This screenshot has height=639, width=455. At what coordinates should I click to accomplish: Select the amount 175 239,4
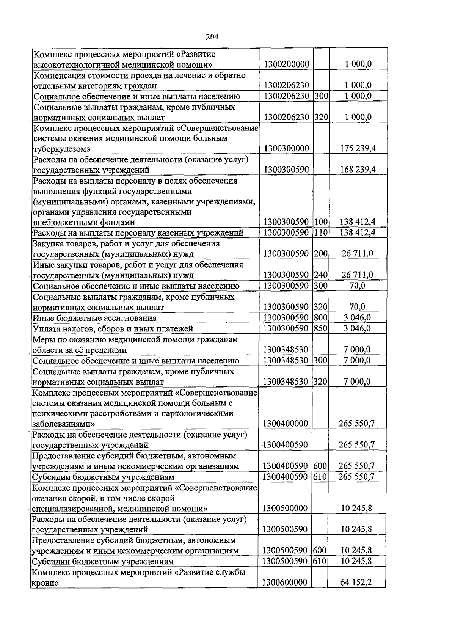pos(358,148)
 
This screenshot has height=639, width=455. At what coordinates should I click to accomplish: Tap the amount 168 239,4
pos(358,170)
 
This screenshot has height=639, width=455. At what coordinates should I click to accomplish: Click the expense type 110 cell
pos(321,232)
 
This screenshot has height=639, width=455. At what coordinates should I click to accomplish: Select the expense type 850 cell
pos(321,328)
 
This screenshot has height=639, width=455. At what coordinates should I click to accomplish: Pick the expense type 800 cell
pos(321,318)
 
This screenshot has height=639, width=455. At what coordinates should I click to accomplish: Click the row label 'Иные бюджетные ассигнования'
pos(94,318)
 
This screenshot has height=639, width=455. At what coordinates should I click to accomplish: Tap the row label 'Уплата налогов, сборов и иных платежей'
pos(113,329)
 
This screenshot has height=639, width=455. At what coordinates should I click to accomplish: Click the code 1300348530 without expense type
pos(286,349)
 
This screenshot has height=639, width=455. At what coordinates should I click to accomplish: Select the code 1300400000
pos(286,424)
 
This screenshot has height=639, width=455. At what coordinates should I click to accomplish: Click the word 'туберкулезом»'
pos(62,149)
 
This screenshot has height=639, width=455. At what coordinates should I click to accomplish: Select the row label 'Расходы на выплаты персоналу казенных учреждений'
pos(138,233)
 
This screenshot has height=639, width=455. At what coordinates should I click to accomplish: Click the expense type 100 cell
pos(321,222)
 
